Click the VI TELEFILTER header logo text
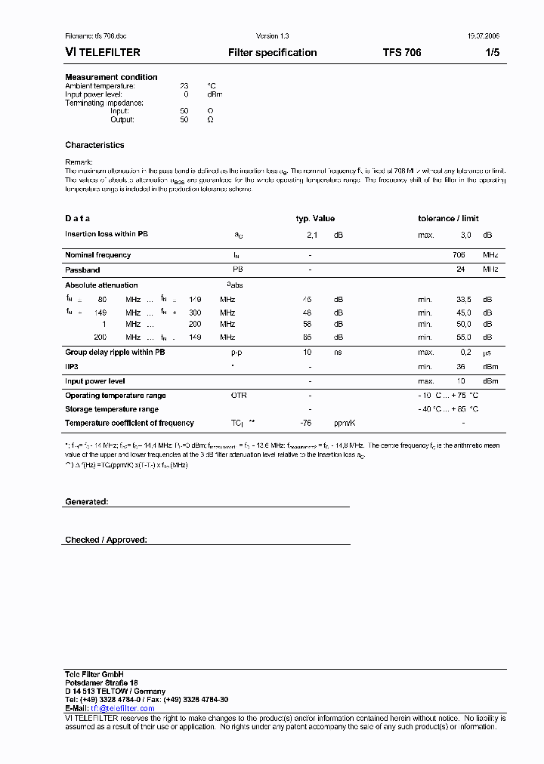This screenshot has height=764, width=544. [x=103, y=53]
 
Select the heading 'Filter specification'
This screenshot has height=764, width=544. [x=272, y=53]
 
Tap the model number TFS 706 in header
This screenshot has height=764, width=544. [x=402, y=53]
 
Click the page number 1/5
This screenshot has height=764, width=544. [x=491, y=53]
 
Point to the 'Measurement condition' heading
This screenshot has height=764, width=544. [x=111, y=77]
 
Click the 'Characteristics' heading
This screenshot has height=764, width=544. [x=94, y=145]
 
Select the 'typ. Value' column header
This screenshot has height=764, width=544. [x=314, y=219]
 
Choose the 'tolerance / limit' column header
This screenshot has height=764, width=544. [x=448, y=219]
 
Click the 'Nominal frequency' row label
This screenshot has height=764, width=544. [x=97, y=255]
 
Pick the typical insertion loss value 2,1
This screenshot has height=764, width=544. [x=311, y=236]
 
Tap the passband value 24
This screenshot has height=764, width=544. [x=459, y=269]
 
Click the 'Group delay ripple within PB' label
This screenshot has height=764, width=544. [x=115, y=353]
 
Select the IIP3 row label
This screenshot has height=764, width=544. [x=72, y=366]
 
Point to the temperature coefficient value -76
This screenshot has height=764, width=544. [x=306, y=424]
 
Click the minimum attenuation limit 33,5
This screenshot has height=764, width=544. [x=465, y=300]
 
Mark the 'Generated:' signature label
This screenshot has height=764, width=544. [x=86, y=501]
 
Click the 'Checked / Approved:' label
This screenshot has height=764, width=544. [x=106, y=540]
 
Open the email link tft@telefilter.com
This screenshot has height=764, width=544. [x=122, y=708]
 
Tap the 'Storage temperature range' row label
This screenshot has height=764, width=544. [x=112, y=409]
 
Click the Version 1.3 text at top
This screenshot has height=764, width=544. [x=272, y=36]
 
